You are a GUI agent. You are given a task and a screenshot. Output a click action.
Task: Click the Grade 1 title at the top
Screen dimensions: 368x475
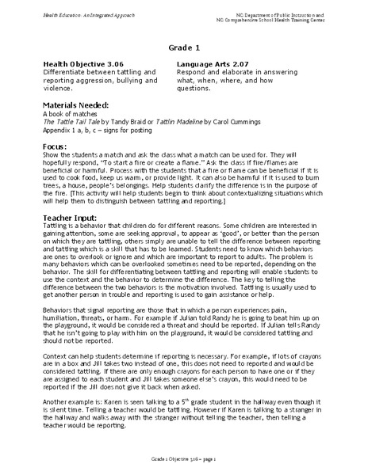(185, 47)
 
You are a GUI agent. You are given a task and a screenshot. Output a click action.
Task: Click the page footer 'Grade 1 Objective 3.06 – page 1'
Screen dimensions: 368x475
(184, 458)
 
